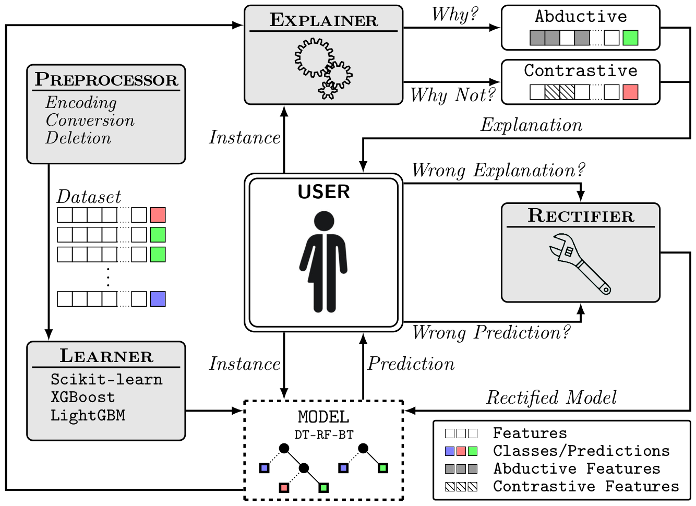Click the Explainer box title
[323, 20]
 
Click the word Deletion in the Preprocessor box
[78, 138]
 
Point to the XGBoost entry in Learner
[82, 397]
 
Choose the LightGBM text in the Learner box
[88, 416]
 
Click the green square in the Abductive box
[630, 38]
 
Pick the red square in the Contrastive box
[630, 92]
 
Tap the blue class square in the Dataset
[158, 299]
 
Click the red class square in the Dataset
[158, 215]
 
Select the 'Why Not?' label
[452, 95]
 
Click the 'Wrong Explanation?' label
[498, 171]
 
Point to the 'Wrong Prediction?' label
[491, 333]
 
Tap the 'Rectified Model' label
[551, 398]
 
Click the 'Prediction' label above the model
[411, 364]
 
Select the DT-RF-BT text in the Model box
[323, 435]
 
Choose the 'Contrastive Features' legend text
[586, 487]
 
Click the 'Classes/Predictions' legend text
[581, 451]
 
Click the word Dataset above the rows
[89, 197]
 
